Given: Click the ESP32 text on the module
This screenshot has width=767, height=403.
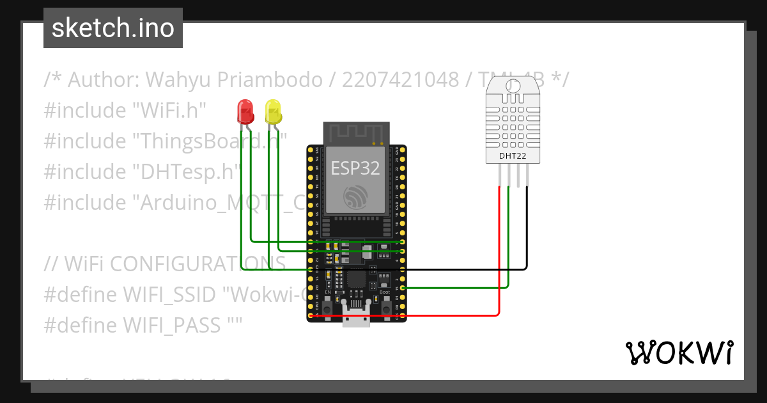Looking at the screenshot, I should pyautogui.click(x=355, y=168).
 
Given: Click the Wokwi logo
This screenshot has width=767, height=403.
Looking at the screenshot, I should pyautogui.click(x=678, y=352).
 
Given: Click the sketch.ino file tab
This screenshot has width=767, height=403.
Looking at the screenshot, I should pyautogui.click(x=112, y=28).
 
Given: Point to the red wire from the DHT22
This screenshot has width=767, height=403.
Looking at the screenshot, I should pyautogui.click(x=499, y=256).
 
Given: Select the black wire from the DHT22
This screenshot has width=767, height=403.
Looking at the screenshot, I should pyautogui.click(x=527, y=230).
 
